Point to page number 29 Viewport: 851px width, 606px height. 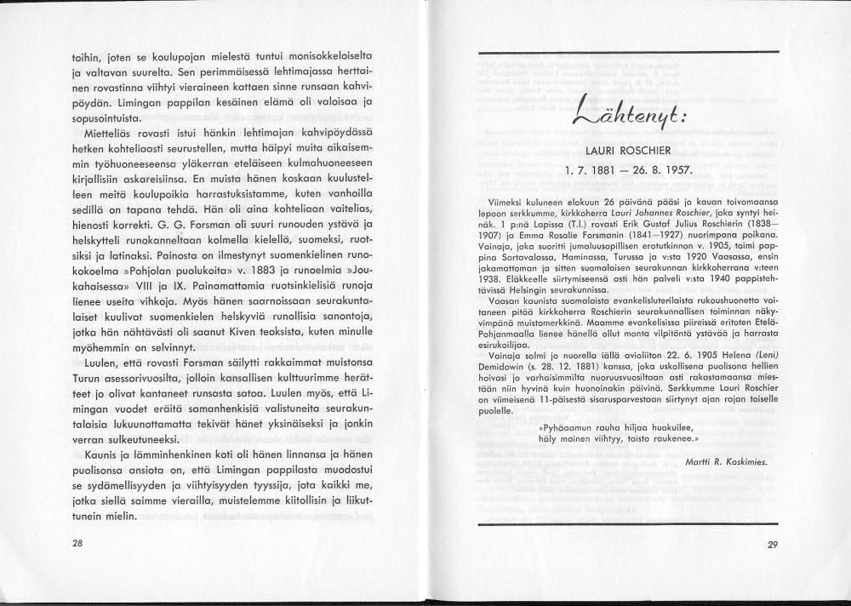click(x=772, y=546)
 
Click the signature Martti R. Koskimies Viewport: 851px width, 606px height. click(x=725, y=460)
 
